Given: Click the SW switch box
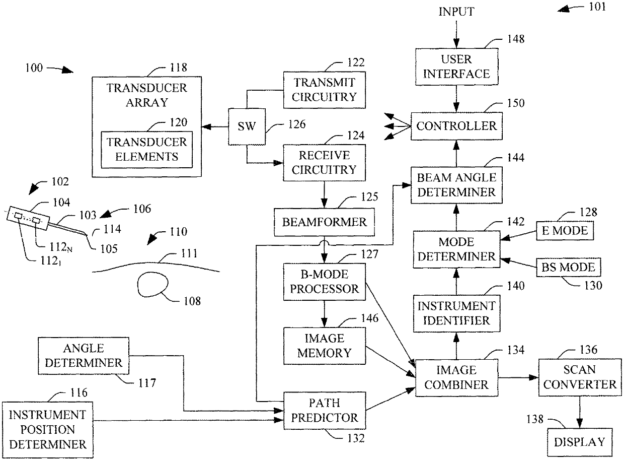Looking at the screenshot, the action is pyautogui.click(x=247, y=126).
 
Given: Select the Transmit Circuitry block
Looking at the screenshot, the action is pyautogui.click(x=325, y=90).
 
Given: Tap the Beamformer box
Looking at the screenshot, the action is pyautogui.click(x=324, y=222).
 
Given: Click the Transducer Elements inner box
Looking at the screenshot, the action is pyautogui.click(x=146, y=150).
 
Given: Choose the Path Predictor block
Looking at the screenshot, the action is pyautogui.click(x=325, y=410).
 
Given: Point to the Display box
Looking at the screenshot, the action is pyautogui.click(x=580, y=442).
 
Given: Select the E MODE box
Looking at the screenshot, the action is pyautogui.click(x=565, y=231).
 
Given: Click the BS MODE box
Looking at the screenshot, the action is pyautogui.click(x=568, y=267).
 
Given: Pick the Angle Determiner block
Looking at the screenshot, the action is pyautogui.click(x=84, y=356).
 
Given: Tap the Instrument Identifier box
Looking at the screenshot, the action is pyautogui.click(x=456, y=313).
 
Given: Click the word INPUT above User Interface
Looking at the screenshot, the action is pyautogui.click(x=456, y=12).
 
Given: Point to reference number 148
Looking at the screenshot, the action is pyautogui.click(x=516, y=39).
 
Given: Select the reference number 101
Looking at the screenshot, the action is pyautogui.click(x=597, y=7).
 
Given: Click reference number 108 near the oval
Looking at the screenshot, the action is pyautogui.click(x=192, y=301).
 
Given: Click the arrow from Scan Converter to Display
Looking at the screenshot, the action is pyautogui.click(x=580, y=412).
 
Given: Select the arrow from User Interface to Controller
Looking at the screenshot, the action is pyautogui.click(x=456, y=99).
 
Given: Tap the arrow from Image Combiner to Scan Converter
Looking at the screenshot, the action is pyautogui.click(x=518, y=377).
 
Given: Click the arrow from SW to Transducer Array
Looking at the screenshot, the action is pyautogui.click(x=215, y=127).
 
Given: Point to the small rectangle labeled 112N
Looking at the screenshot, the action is pyautogui.click(x=36, y=220).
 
